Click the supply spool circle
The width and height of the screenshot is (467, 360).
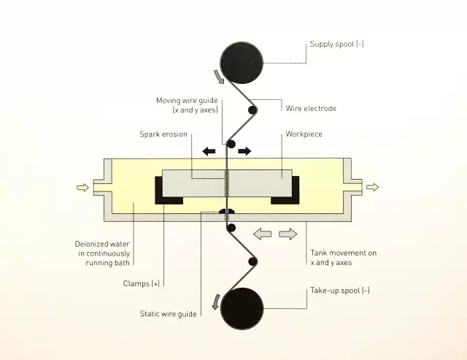pos(242,63)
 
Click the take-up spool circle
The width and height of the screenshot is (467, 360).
pos(242,308)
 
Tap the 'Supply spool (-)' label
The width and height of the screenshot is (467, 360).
pos(337,44)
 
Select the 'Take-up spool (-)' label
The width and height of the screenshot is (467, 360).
pos(340,291)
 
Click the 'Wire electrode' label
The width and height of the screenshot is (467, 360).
pos(311,108)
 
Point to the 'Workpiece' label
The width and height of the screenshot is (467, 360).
pos(304,134)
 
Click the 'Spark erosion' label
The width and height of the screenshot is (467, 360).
pos(163,134)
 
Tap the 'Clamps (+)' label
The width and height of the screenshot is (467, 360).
pos(142,283)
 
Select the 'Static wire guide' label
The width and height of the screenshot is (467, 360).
pos(169,314)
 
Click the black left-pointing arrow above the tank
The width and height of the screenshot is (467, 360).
pos(209,151)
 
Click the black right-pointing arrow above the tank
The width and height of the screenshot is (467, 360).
pos(244,151)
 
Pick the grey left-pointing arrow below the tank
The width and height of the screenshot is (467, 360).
pos(262,234)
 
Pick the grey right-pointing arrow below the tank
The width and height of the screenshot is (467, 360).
pos(288,234)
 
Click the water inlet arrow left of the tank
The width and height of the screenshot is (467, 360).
pos(82,188)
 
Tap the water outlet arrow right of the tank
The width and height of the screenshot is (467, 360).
pos(372,187)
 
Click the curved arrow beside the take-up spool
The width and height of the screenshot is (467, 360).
pos(216,302)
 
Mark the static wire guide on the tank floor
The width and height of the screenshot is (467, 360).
pos(227,211)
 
